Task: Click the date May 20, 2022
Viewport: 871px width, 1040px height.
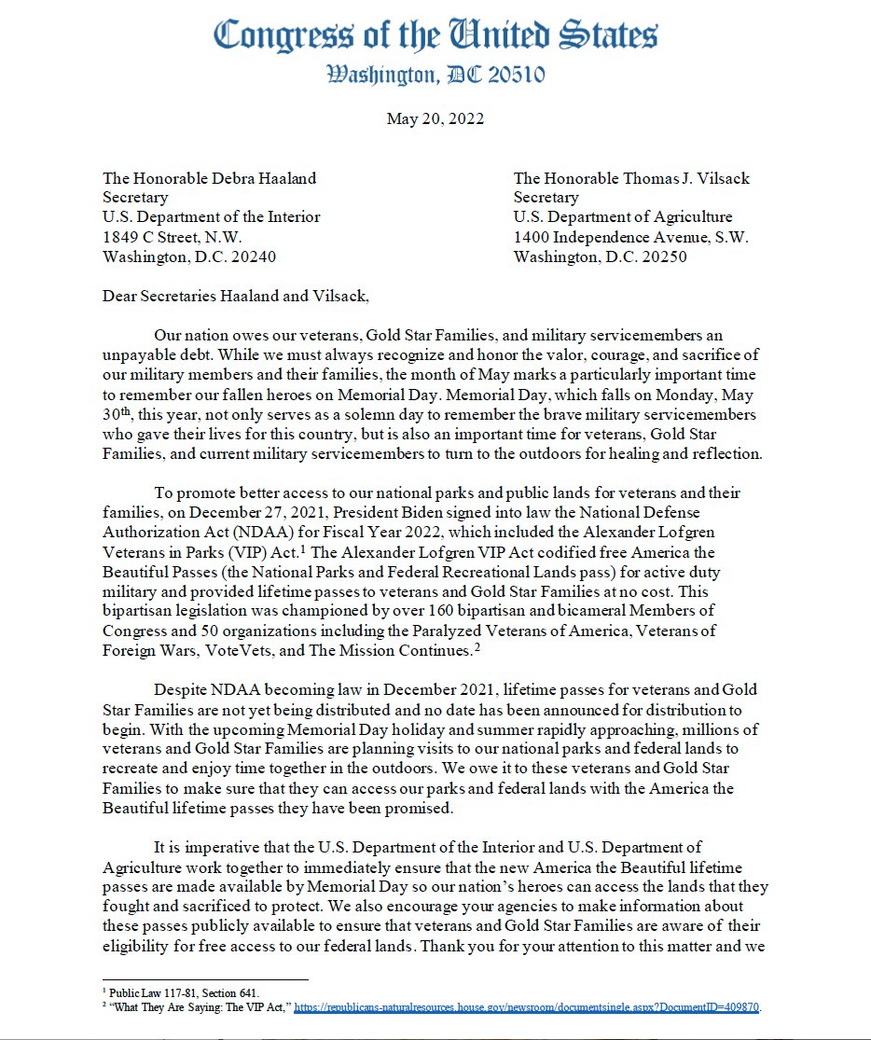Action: coord(435,118)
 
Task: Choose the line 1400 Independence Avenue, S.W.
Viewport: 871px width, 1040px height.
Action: coord(630,237)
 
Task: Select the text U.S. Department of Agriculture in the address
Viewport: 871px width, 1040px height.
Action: coord(622,217)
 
